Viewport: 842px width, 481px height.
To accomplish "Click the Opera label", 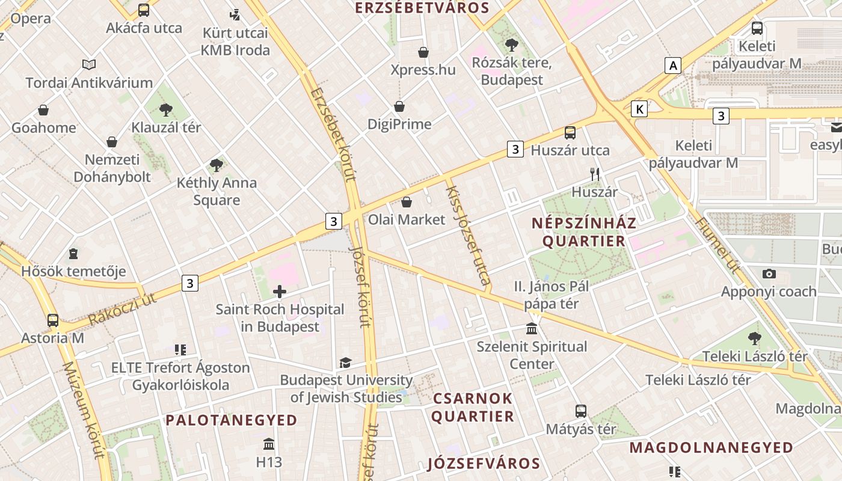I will click(x=30, y=19).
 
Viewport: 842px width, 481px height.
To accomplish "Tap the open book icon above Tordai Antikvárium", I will click(x=89, y=64).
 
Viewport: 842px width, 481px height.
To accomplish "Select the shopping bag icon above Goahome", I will click(x=43, y=110).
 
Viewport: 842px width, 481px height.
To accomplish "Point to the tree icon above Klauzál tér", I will click(x=165, y=109).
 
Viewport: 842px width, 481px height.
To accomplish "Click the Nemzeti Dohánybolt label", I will click(x=112, y=168).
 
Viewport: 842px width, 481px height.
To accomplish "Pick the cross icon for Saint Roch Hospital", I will click(x=280, y=292).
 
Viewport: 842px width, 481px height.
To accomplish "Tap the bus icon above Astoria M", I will click(x=53, y=320).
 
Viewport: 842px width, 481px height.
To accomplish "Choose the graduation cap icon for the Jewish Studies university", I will click(x=345, y=363).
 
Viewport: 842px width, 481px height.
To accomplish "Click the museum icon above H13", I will click(x=269, y=444).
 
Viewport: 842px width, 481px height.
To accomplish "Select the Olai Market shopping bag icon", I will click(x=407, y=202).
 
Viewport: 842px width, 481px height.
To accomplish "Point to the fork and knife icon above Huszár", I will click(x=595, y=174).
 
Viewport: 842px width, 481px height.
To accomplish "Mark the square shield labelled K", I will click(x=639, y=109).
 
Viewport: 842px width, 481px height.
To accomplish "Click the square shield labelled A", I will click(x=672, y=65).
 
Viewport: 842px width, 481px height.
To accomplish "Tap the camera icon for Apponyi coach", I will click(x=769, y=274).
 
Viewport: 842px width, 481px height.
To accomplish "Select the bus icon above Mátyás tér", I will click(x=580, y=411).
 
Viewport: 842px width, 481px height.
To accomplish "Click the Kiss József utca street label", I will click(x=468, y=235).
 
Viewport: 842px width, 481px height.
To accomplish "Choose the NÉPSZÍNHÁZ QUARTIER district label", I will click(x=583, y=232).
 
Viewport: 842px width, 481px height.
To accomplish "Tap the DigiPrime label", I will click(x=399, y=124).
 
